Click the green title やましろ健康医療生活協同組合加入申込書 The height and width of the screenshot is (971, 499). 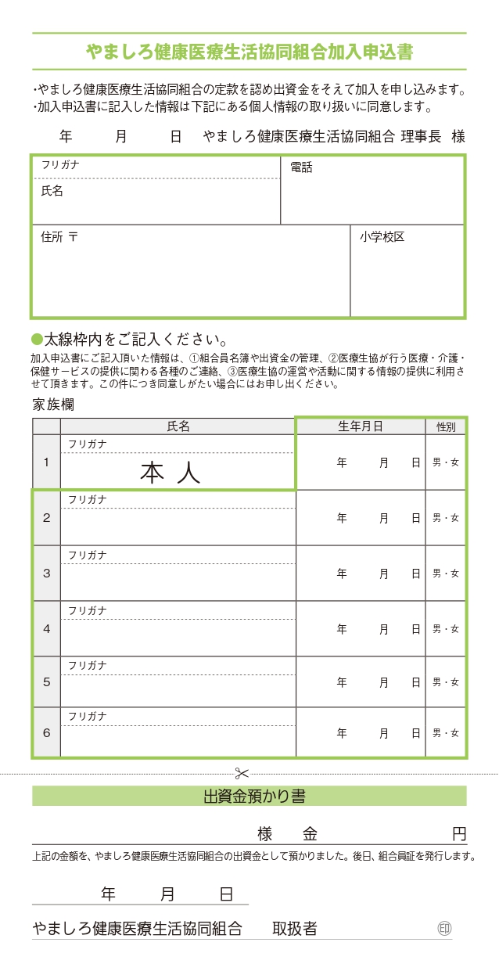(x=249, y=52)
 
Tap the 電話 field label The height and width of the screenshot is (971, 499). (x=301, y=167)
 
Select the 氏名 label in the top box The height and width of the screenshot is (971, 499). (x=52, y=190)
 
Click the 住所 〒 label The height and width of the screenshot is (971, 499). (x=59, y=236)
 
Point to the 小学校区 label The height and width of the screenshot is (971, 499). (x=382, y=236)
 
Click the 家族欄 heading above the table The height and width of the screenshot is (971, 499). (x=54, y=405)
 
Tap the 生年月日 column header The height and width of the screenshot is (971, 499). (x=360, y=426)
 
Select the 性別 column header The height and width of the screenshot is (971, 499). (x=446, y=426)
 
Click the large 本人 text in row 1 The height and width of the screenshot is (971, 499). (x=171, y=473)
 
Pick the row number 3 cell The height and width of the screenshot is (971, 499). (x=46, y=574)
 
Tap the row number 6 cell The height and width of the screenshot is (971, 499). (x=46, y=733)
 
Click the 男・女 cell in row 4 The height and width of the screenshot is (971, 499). (x=446, y=629)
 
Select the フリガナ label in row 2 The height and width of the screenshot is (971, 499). (x=88, y=499)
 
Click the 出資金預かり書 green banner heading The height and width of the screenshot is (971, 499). (x=249, y=797)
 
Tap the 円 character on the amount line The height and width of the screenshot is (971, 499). (x=459, y=833)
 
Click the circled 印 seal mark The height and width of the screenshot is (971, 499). (x=444, y=929)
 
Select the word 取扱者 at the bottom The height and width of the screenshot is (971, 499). (x=295, y=929)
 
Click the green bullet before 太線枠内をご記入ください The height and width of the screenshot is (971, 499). (x=36, y=340)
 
